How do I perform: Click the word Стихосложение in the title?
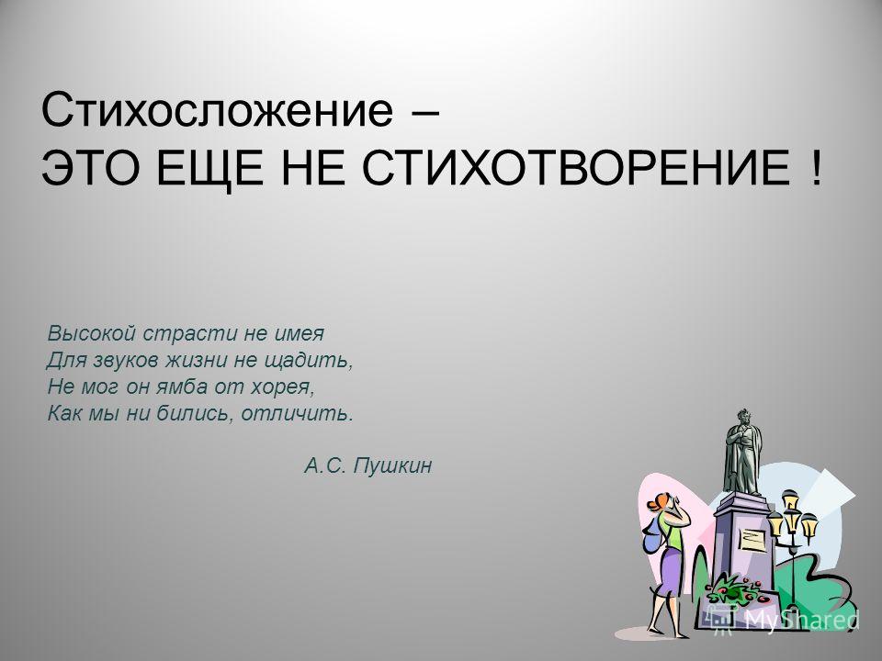click(217, 111)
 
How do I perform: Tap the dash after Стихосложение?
click(424, 113)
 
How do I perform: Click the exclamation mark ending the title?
click(816, 168)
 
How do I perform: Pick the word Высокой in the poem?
click(92, 334)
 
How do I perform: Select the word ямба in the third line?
click(176, 387)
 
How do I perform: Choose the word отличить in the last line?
click(298, 414)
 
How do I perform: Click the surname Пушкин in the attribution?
click(392, 466)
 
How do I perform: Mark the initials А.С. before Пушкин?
click(325, 466)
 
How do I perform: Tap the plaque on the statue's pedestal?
click(752, 540)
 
